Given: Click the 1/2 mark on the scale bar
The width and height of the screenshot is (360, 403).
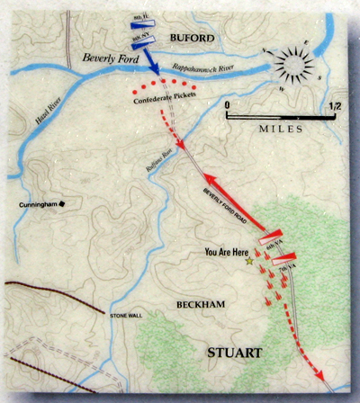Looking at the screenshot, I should coord(334,106).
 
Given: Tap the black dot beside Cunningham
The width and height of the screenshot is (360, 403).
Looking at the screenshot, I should coord(63,206).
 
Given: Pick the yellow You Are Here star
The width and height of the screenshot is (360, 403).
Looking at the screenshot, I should coord(249,260).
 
